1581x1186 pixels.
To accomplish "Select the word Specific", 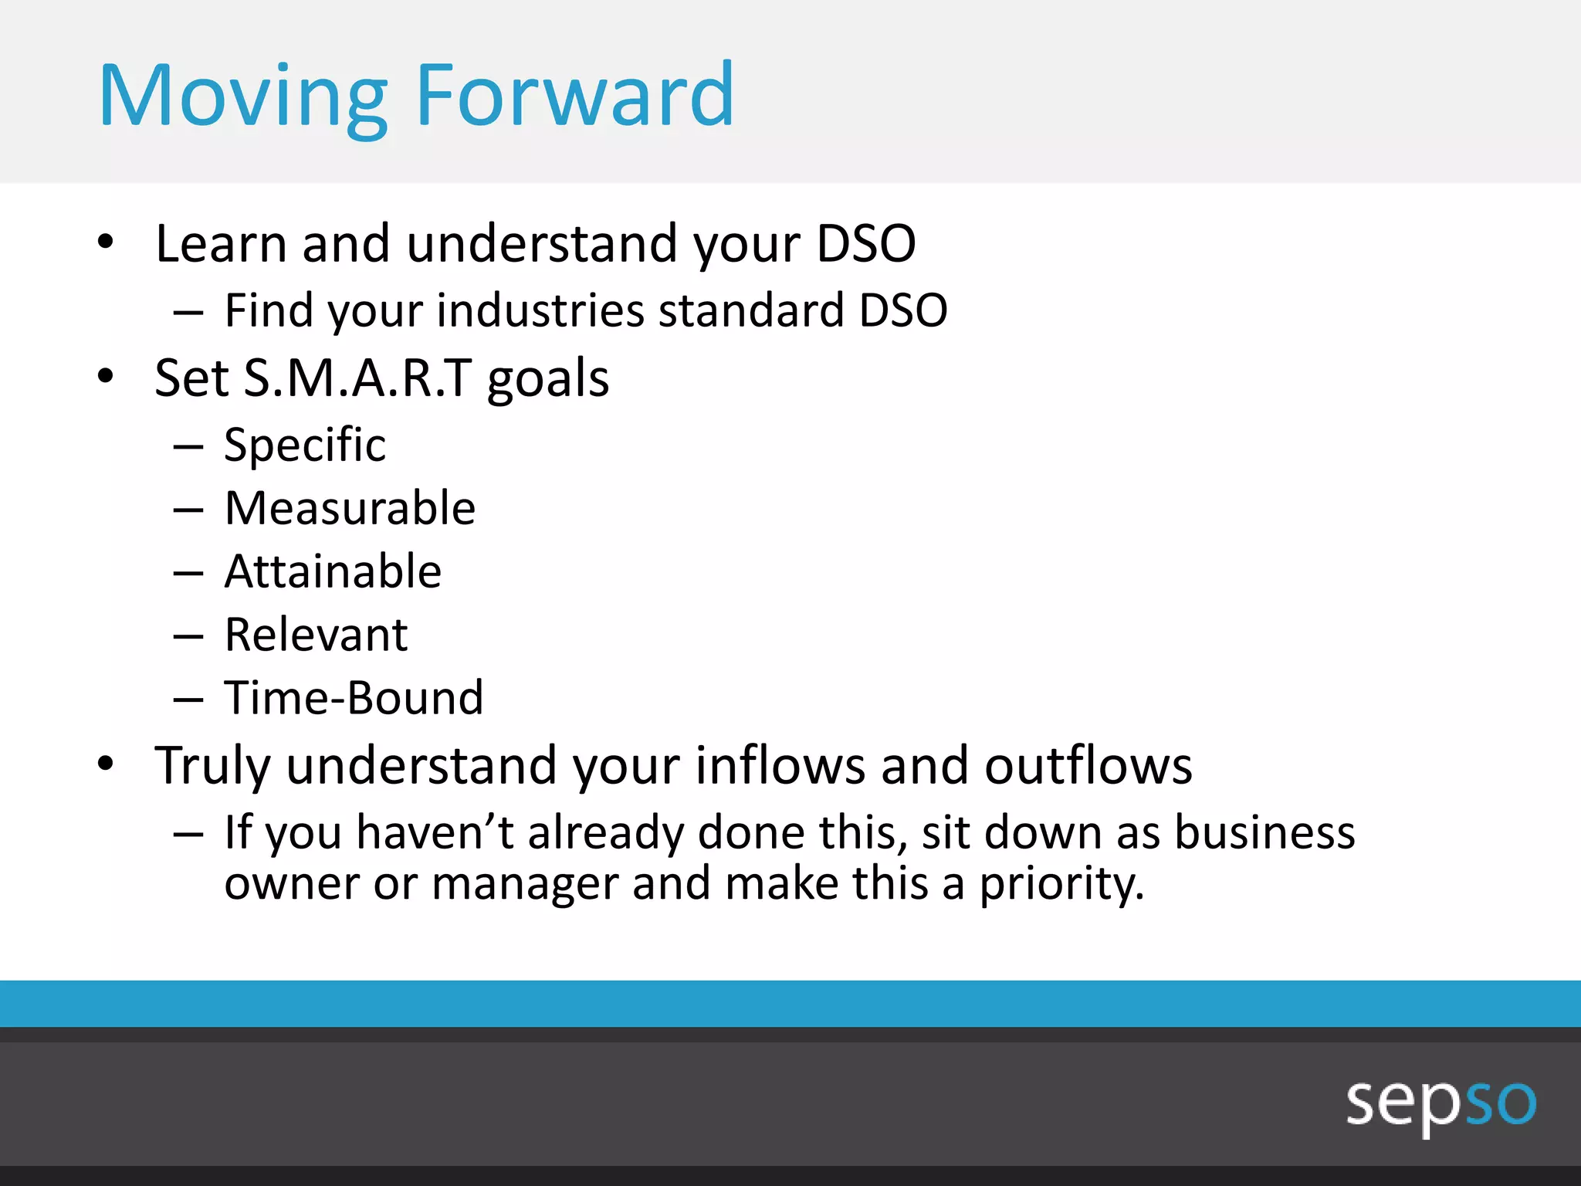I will click(x=305, y=446).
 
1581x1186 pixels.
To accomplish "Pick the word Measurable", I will click(x=350, y=509).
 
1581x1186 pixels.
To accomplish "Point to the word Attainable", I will click(x=333, y=572).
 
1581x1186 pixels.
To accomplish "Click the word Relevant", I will click(x=316, y=635).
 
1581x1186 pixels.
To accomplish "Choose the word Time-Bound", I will click(x=354, y=699).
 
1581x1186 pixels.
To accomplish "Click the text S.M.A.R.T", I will click(x=357, y=378).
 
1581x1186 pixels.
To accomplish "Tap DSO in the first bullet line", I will click(x=865, y=244).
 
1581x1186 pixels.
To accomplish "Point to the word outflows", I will click(x=1088, y=766).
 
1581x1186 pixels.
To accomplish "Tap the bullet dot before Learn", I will click(x=106, y=242).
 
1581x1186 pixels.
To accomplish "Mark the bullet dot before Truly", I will click(x=106, y=764).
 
